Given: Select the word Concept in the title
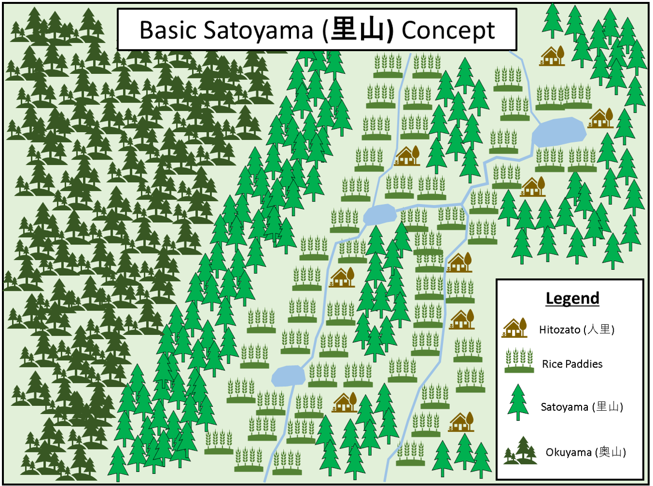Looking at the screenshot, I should [x=448, y=31].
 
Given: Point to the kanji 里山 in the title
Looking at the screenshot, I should [x=359, y=31].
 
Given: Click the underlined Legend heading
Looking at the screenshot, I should [x=572, y=298].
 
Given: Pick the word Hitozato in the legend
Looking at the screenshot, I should [x=559, y=330].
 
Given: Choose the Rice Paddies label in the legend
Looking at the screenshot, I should [x=572, y=364].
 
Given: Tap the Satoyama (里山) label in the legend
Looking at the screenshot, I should [x=582, y=407].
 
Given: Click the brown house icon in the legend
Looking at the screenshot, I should [x=515, y=328].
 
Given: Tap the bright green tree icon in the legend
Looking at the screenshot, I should [x=518, y=402].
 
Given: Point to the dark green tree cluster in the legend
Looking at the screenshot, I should [x=519, y=451].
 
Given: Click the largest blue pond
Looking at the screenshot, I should [x=559, y=131].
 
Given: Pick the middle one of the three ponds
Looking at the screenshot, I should [x=379, y=214].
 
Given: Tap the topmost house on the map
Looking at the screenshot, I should [x=552, y=56].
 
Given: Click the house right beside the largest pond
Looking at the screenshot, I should [x=601, y=118].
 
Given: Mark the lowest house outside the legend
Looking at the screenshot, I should [x=461, y=422].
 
